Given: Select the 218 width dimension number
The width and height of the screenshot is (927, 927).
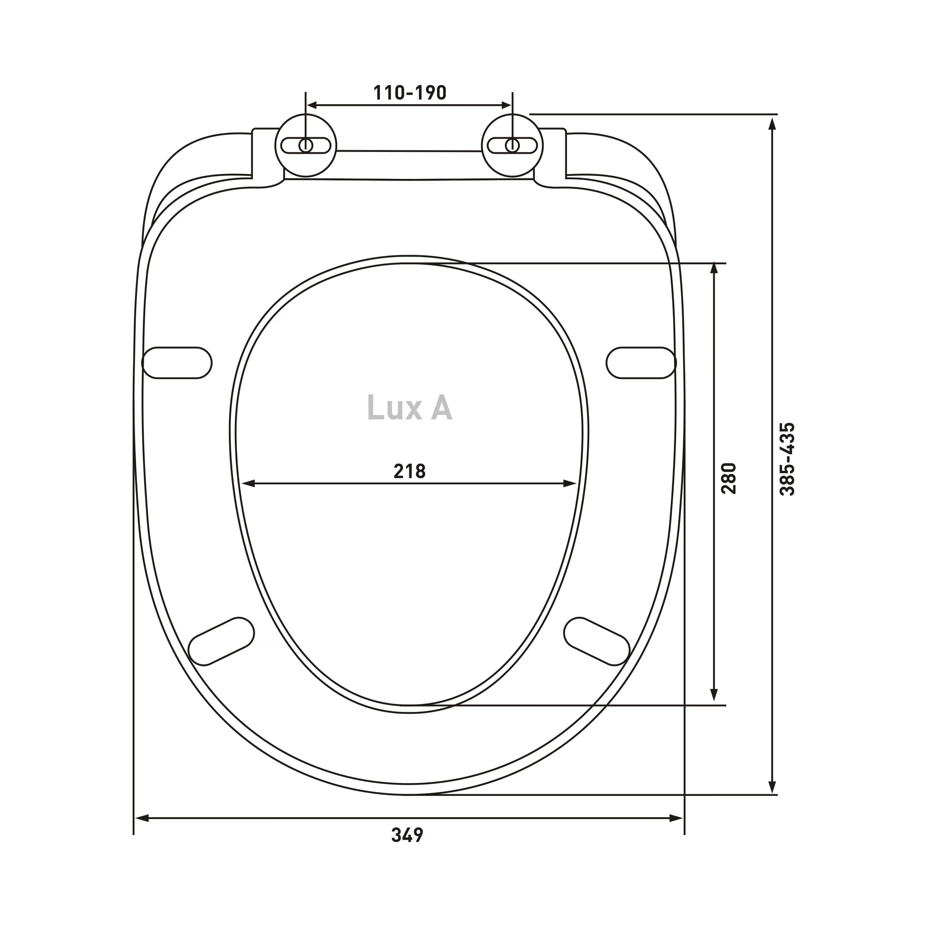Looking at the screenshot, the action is (410, 472).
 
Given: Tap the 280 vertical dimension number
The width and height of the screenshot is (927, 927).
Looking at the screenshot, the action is (728, 478).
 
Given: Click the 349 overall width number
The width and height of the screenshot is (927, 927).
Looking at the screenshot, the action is (407, 835).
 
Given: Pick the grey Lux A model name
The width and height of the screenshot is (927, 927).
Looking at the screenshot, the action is (409, 408).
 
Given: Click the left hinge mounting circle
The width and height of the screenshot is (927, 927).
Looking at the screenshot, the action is (306, 145).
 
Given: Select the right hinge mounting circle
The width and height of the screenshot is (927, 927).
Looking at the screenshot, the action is (512, 145).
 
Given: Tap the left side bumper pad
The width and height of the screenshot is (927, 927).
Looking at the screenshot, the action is (177, 363).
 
